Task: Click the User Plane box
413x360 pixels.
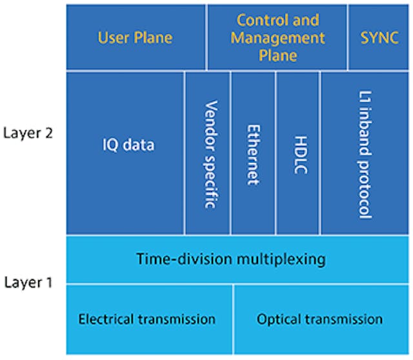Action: pyautogui.click(x=136, y=37)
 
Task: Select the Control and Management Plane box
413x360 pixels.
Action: pyautogui.click(x=277, y=37)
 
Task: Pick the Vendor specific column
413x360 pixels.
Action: pyautogui.click(x=207, y=153)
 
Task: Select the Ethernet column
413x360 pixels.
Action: pyautogui.click(x=253, y=153)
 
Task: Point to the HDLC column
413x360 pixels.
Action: pyautogui.click(x=297, y=153)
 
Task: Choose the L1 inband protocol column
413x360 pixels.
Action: pyautogui.click(x=365, y=153)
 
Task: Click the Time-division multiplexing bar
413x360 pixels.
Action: pyautogui.click(x=237, y=259)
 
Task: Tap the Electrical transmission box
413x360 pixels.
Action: pyautogui.click(x=149, y=319)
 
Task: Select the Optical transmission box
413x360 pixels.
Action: pyautogui.click(x=321, y=319)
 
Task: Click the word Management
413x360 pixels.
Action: pyautogui.click(x=278, y=38)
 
